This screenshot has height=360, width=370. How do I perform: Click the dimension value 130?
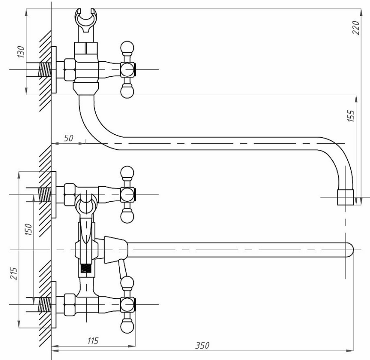(21, 52)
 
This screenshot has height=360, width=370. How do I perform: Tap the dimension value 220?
(355, 27)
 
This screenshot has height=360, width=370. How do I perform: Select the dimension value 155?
(351, 115)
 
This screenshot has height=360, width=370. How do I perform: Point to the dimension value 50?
(68, 138)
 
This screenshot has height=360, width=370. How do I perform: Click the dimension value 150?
(28, 229)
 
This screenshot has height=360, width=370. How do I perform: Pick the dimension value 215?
(14, 273)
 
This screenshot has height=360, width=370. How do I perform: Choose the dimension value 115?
(93, 341)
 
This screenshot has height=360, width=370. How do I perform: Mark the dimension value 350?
(202, 345)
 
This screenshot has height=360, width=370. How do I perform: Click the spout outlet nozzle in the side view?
(345, 197)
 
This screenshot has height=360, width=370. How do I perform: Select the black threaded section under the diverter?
(86, 269)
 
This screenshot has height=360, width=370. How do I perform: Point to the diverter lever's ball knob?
(127, 282)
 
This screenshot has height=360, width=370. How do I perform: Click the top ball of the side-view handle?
(127, 48)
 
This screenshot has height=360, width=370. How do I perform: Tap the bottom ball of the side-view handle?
(127, 91)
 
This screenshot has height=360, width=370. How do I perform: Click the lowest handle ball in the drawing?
(127, 326)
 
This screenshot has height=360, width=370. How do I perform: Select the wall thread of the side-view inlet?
(45, 70)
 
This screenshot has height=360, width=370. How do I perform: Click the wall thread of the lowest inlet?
(45, 304)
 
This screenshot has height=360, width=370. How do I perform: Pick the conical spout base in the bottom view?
(116, 250)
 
